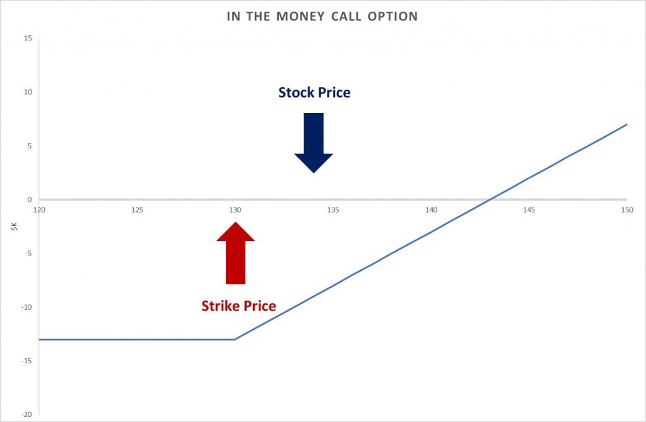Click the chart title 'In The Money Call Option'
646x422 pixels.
pyautogui.click(x=322, y=16)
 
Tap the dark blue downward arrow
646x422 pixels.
pyautogui.click(x=314, y=143)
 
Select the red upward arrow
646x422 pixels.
pyautogui.click(x=235, y=253)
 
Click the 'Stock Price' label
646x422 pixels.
pyautogui.click(x=314, y=92)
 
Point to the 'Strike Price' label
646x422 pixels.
pyautogui.click(x=238, y=306)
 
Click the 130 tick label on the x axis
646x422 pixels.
pyautogui.click(x=235, y=210)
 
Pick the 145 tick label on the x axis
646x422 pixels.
pyautogui.click(x=529, y=210)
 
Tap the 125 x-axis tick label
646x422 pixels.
pyautogui.click(x=137, y=210)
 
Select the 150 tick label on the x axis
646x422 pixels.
pyautogui.click(x=627, y=210)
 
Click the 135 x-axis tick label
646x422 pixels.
pyautogui.click(x=333, y=210)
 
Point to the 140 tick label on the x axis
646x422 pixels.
pyautogui.click(x=432, y=210)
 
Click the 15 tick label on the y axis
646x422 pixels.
pyautogui.click(x=28, y=38)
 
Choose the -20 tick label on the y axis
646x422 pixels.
pyautogui.click(x=26, y=414)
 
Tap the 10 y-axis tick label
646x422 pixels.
pyautogui.click(x=28, y=92)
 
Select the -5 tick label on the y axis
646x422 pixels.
pyautogui.click(x=28, y=254)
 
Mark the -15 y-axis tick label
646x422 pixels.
pyautogui.click(x=26, y=361)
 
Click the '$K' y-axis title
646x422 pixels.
pyautogui.click(x=15, y=226)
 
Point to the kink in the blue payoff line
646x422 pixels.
pyautogui.click(x=235, y=339)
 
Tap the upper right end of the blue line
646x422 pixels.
pyautogui.click(x=627, y=124)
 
